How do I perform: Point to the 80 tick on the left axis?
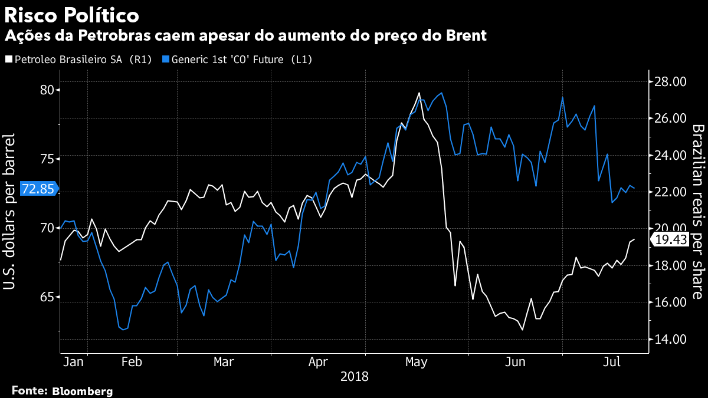46,90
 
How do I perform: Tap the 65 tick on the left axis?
46,297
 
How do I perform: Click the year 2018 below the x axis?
354,376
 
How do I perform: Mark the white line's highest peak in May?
419,93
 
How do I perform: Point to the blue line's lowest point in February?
123,330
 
